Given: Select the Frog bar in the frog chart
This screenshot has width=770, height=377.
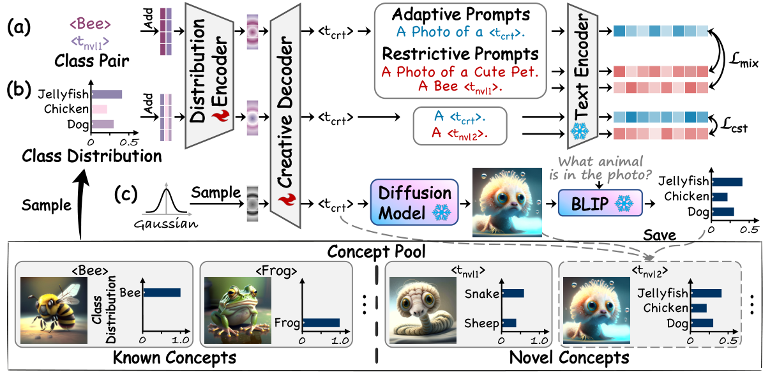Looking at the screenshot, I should [321, 323].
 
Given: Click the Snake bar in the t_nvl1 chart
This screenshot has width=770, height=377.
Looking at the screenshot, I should [514, 293].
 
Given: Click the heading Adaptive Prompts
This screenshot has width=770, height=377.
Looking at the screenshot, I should [462, 14].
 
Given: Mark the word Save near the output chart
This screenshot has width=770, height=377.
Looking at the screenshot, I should [659, 235].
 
